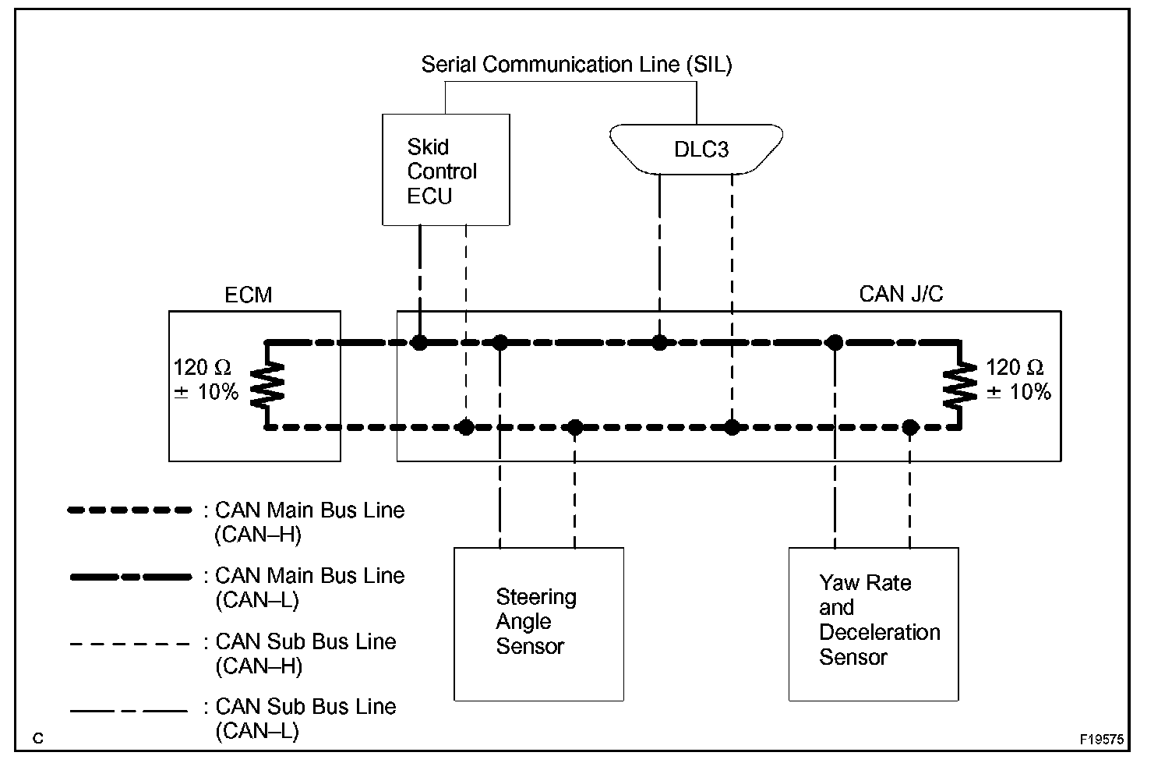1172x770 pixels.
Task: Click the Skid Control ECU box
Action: coord(446,170)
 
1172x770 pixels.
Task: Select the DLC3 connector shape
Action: coord(696,148)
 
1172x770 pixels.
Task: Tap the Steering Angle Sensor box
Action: coord(538,623)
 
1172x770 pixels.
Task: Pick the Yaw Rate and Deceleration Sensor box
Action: coord(873,623)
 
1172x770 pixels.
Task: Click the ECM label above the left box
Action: coord(249,295)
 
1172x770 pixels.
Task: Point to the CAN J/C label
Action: coord(901,294)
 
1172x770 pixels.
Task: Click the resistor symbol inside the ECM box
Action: coord(267,385)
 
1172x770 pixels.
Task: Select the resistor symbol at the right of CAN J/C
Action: coord(959,385)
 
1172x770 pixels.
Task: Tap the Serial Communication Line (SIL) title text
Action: coord(577,65)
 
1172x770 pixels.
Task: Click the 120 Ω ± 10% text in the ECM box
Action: coord(206,380)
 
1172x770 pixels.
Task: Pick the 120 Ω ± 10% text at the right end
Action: coord(1019,380)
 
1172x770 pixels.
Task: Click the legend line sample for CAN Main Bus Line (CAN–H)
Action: coord(130,511)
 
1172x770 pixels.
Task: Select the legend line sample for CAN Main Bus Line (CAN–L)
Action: coord(130,577)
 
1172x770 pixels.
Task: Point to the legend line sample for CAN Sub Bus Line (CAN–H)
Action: coord(130,645)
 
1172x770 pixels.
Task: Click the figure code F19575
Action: coord(1102,739)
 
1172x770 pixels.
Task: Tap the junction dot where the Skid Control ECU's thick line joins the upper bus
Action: coord(420,342)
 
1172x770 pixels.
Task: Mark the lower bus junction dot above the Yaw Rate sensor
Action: coord(909,427)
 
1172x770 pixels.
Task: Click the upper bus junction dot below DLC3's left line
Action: coord(659,342)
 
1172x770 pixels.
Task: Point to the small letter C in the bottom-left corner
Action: coord(38,739)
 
